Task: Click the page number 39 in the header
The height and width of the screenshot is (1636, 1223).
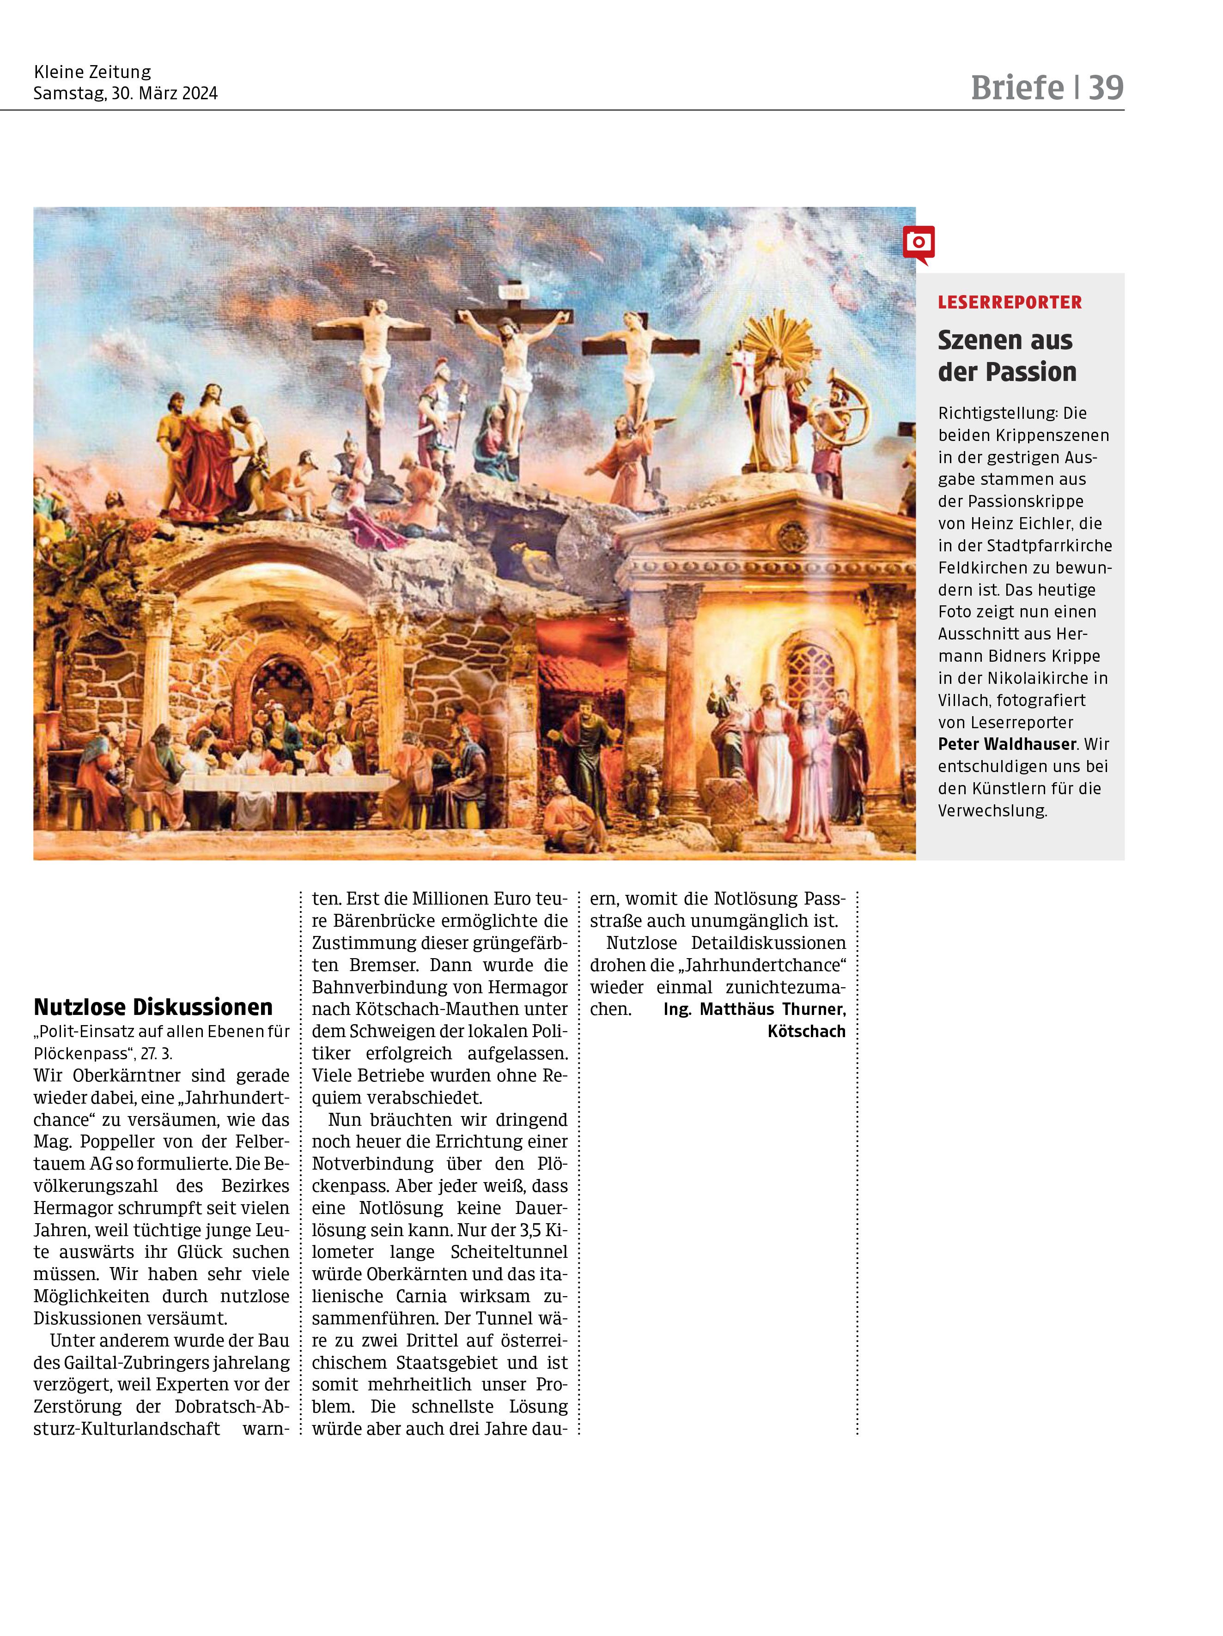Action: (1105, 88)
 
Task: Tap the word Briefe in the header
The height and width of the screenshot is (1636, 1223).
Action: (1016, 88)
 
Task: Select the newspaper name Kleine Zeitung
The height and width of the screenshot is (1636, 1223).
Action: (92, 72)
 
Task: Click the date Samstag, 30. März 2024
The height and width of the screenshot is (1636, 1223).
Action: (125, 93)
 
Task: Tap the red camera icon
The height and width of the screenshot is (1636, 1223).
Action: (918, 242)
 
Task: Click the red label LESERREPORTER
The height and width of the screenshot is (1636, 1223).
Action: (1009, 302)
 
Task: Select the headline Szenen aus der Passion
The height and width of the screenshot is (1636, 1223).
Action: (1006, 356)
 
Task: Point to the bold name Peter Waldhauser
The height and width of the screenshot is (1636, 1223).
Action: (1006, 744)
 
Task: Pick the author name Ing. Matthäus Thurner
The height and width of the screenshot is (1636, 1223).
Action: (754, 1009)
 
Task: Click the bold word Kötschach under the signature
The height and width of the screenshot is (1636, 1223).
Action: (806, 1031)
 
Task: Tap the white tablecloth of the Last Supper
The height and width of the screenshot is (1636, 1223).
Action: (289, 782)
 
